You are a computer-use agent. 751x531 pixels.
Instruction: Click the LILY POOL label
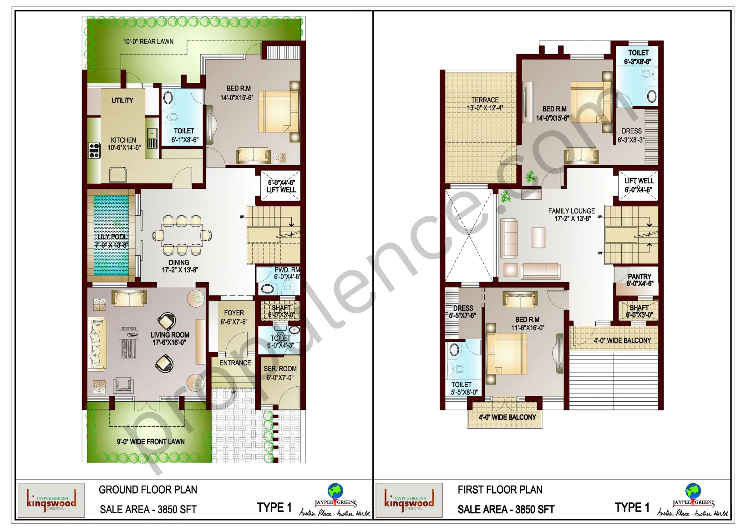[112, 237]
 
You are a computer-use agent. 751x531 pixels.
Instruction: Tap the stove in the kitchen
[94, 151]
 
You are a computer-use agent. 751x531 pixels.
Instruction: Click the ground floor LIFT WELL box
[280, 186]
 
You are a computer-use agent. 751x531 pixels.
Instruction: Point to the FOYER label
[234, 313]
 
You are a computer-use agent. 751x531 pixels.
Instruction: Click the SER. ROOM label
[280, 369]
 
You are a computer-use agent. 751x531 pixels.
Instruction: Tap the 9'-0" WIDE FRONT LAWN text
[151, 442]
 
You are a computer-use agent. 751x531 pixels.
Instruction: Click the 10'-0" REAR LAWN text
[148, 41]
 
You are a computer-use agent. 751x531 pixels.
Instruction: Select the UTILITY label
[122, 101]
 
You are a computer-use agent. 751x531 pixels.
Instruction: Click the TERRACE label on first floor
[485, 100]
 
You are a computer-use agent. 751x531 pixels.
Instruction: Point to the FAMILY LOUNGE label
[571, 211]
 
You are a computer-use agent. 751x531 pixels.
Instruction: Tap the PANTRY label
[639, 277]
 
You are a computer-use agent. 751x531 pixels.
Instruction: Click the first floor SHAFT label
[639, 308]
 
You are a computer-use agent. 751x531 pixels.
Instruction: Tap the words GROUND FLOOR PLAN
[148, 490]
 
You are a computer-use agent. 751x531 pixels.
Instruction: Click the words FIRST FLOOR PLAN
[500, 490]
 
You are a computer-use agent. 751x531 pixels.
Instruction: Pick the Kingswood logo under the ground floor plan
[51, 501]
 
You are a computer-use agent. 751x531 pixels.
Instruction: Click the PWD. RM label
[287, 270]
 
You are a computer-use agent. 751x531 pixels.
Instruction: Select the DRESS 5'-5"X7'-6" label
[463, 308]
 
